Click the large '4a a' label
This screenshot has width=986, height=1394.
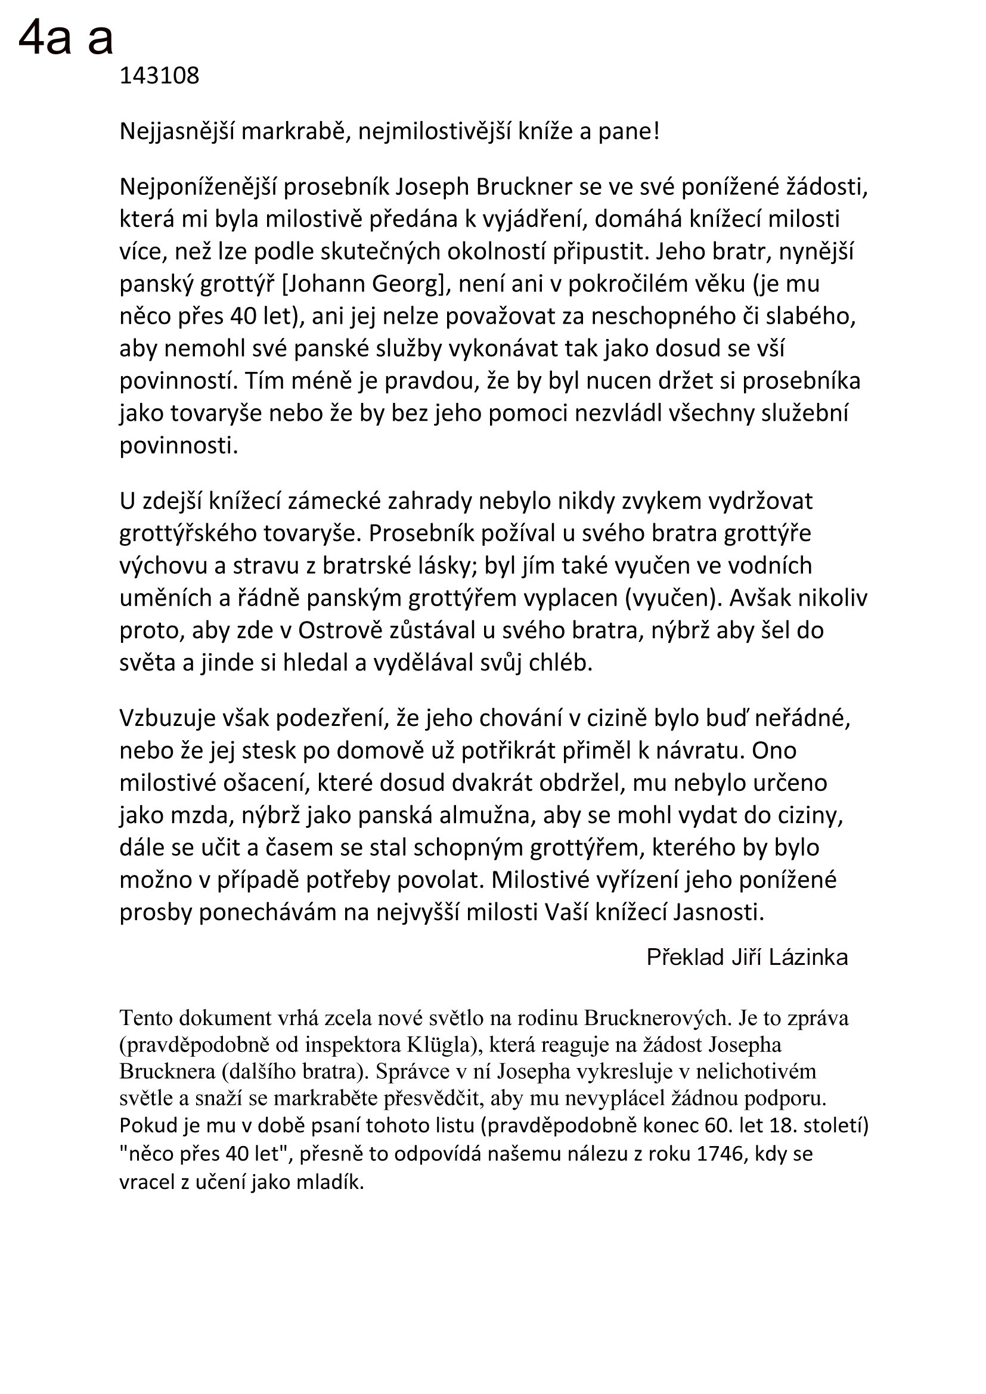(66, 36)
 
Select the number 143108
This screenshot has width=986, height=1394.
(159, 76)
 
